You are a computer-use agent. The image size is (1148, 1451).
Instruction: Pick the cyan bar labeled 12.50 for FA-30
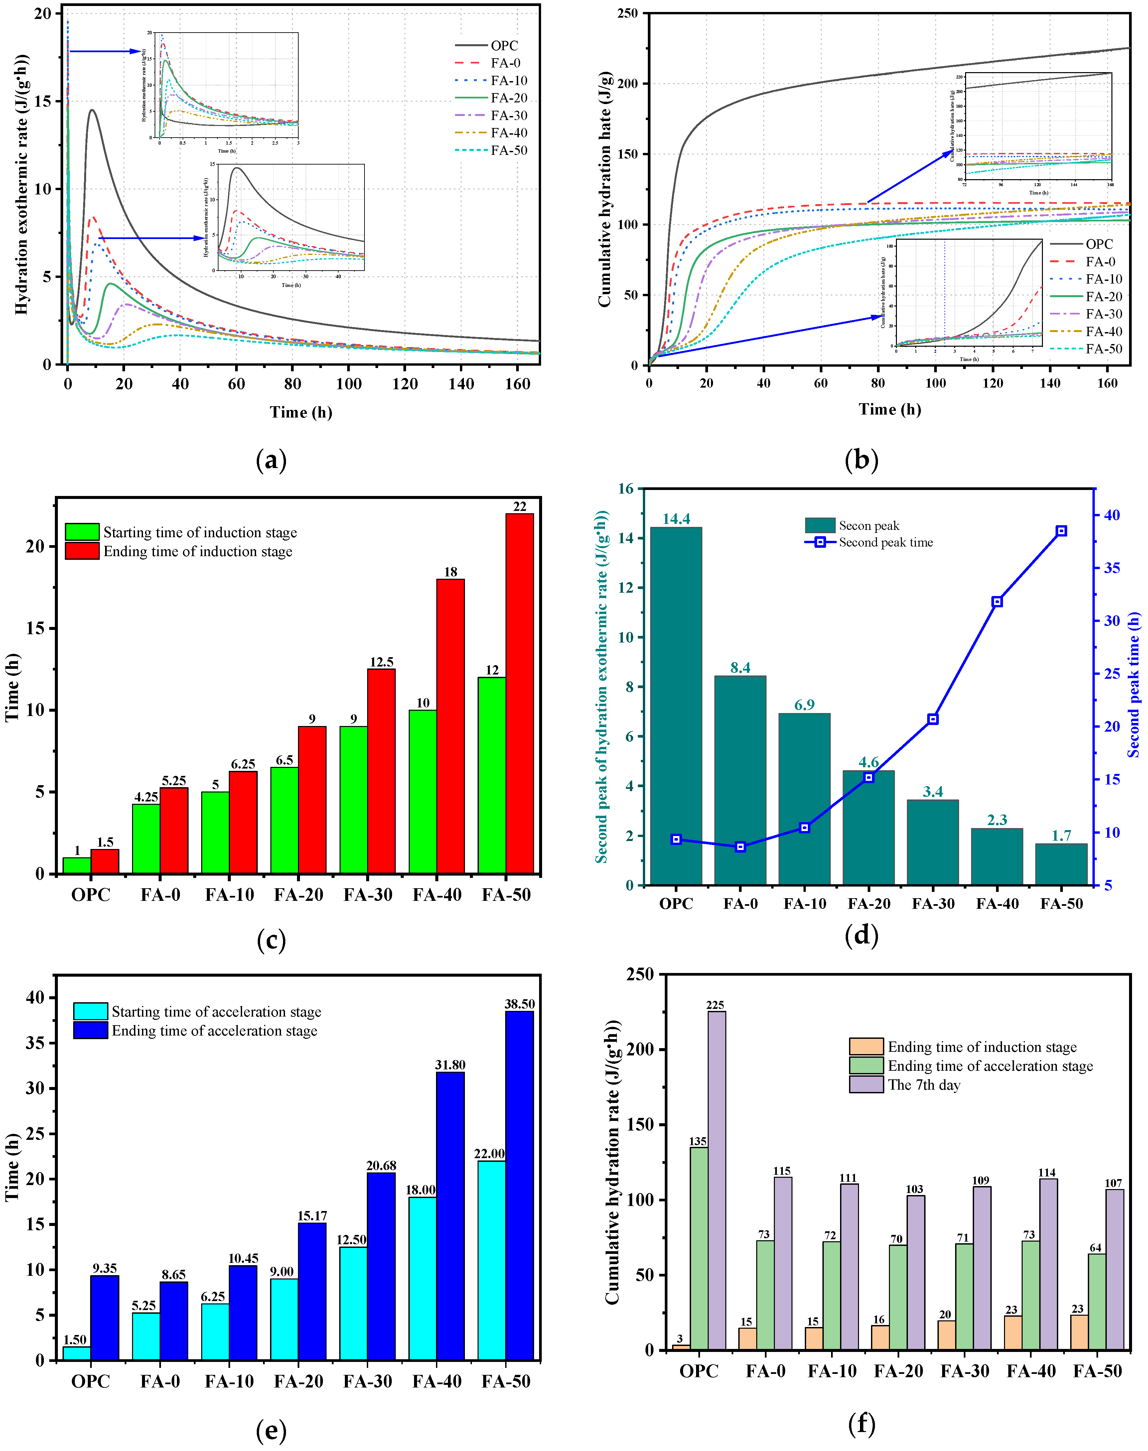tap(354, 1303)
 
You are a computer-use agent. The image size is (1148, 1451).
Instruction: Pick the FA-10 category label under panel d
tap(804, 904)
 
